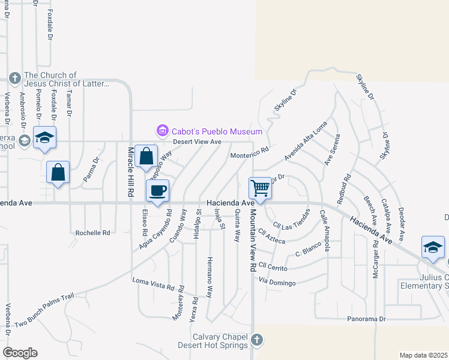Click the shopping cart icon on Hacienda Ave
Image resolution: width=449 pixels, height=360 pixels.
[x=261, y=188]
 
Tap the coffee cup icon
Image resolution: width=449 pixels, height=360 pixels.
[x=157, y=191]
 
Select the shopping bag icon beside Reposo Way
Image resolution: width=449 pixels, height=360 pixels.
[x=146, y=157]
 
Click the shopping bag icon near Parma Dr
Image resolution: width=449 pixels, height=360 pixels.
[x=58, y=173]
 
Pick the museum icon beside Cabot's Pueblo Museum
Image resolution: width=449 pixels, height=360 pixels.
[x=161, y=131]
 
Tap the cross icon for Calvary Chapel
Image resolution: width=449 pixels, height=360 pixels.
[x=256, y=340]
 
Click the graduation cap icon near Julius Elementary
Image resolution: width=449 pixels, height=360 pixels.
[x=433, y=247]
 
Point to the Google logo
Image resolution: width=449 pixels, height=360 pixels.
[x=19, y=353]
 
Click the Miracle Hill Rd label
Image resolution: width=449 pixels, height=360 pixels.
[x=130, y=172]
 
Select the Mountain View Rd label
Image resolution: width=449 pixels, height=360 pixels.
[x=253, y=241]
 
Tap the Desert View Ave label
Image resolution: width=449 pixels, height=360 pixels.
[x=197, y=142]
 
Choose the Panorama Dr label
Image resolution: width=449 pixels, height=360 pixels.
[x=366, y=319]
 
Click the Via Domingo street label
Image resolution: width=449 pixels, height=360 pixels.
[x=277, y=282]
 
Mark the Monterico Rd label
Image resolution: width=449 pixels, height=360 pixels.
[x=249, y=155]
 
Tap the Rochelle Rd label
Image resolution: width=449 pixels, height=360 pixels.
[x=93, y=232]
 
